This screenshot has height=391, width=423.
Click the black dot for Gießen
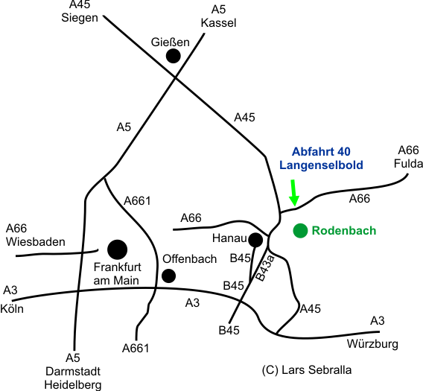(173, 56)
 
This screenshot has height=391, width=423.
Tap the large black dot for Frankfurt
(117, 249)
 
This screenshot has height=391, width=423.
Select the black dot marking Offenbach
(168, 276)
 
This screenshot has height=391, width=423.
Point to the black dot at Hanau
(255, 240)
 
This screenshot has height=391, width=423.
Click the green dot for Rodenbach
(300, 231)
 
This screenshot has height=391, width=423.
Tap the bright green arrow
(293, 193)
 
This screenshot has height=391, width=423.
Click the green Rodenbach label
(344, 231)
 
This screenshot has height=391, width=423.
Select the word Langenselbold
(321, 165)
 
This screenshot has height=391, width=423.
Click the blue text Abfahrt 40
(321, 152)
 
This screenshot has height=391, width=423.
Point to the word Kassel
(218, 23)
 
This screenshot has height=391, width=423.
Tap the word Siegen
(80, 18)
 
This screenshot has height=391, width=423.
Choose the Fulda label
(408, 164)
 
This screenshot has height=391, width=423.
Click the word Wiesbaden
(36, 242)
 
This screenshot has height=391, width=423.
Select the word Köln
(12, 308)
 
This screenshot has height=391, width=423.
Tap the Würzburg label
(372, 344)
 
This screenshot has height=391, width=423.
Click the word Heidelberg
(73, 385)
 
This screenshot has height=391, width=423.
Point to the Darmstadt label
(73, 372)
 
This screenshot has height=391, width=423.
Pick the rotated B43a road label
(264, 268)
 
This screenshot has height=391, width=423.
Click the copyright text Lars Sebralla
(317, 370)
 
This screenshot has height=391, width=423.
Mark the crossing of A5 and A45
(175, 77)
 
